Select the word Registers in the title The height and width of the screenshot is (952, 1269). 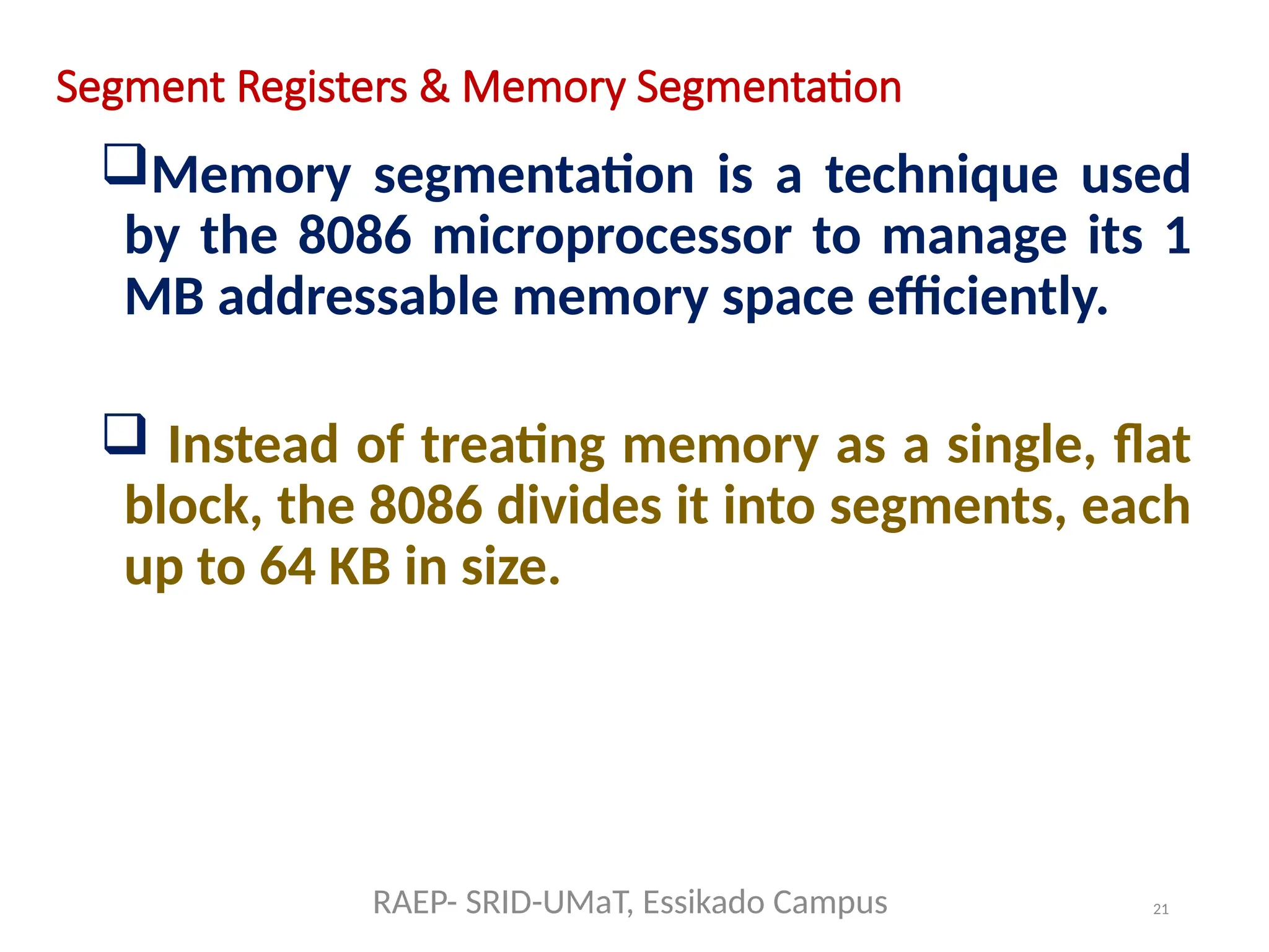click(x=322, y=87)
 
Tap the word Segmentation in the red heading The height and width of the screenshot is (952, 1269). click(x=768, y=87)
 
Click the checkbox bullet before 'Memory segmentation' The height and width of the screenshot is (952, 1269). click(x=125, y=164)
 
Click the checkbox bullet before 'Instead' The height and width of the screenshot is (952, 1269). click(x=125, y=434)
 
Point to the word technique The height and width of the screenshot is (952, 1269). click(x=941, y=175)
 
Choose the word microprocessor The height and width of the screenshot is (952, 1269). click(x=612, y=237)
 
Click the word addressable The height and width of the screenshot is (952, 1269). click(x=358, y=297)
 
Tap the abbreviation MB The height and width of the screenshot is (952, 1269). click(x=164, y=297)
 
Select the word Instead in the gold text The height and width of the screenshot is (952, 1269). click(x=253, y=445)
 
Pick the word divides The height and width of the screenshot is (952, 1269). click(x=579, y=506)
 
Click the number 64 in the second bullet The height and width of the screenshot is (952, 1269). click(x=287, y=566)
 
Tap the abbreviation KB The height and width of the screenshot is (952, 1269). click(x=359, y=566)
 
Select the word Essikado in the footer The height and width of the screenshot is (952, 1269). click(x=702, y=902)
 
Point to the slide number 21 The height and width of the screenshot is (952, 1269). click(x=1161, y=909)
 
